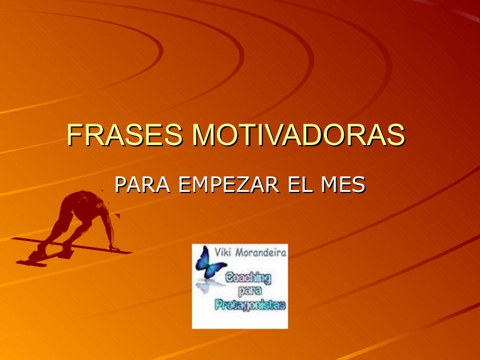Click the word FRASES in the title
coord(124,135)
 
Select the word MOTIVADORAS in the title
coord(299,135)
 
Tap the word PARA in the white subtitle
coord(142,184)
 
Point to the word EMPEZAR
coord(228,184)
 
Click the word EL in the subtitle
coord(300,184)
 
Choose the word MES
coord(343,184)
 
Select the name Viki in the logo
coord(222,252)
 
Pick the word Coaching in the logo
coord(248,278)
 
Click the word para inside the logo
coord(248,291)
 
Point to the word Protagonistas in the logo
coord(250,306)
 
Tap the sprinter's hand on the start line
coord(114,248)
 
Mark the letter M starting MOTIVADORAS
coord(204,135)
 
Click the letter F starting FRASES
coord(74,135)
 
